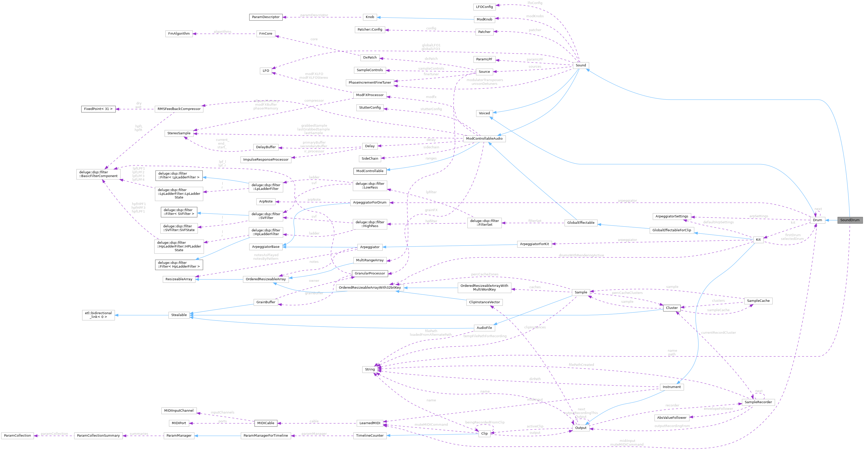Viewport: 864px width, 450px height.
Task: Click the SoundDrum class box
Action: [850, 220]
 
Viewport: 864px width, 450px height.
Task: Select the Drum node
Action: [817, 220]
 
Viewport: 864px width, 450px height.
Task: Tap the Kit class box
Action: [758, 239]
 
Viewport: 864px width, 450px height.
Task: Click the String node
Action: [370, 369]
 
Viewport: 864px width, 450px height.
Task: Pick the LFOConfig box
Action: [484, 7]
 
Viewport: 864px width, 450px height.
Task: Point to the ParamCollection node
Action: [17, 435]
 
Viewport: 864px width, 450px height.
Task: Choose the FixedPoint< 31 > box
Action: [98, 109]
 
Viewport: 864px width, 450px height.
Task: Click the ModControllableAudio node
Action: [484, 139]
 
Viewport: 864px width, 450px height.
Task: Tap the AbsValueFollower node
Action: [672, 418]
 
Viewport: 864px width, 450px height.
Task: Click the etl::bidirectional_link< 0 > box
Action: [98, 315]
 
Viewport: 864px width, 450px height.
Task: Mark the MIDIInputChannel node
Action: [179, 410]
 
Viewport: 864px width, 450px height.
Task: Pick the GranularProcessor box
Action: [370, 273]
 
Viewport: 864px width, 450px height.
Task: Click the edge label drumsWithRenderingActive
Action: [581, 255]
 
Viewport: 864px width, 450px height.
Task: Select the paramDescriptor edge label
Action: [314, 15]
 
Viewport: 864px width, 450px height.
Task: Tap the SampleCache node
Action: [758, 301]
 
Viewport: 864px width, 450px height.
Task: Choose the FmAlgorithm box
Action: [179, 33]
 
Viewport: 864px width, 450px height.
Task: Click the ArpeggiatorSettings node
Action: [672, 216]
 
